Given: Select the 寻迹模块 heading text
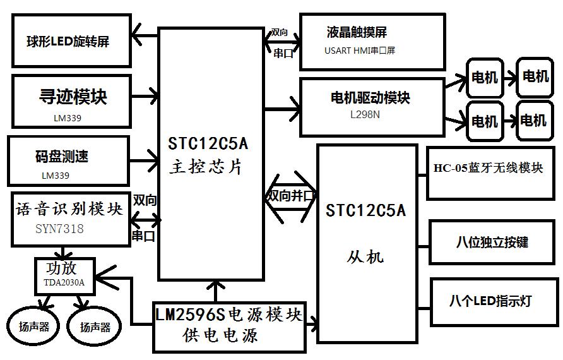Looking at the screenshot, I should pyautogui.click(x=73, y=97).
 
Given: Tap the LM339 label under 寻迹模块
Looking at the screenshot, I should pyautogui.click(x=68, y=117).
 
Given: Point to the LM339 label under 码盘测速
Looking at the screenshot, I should pyautogui.click(x=56, y=176).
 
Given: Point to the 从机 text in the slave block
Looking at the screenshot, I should pyautogui.click(x=365, y=256).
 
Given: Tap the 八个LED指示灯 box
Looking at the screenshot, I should pyautogui.click(x=492, y=301).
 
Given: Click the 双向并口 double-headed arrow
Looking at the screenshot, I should pyautogui.click(x=290, y=195).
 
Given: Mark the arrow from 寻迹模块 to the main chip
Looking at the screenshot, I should pyautogui.click(x=145, y=97).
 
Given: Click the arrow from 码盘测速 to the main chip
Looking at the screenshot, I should pyautogui.click(x=145, y=155).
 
